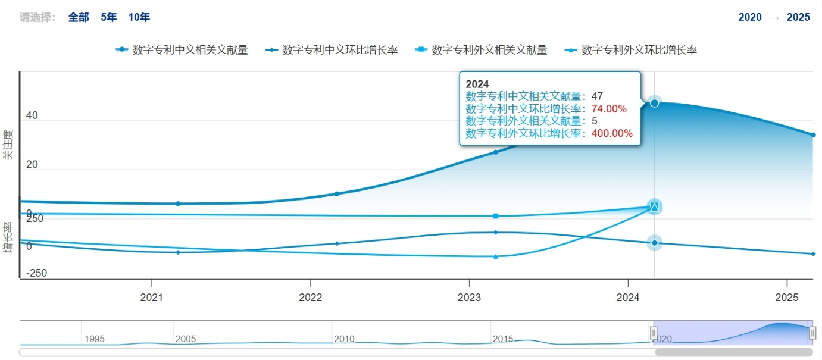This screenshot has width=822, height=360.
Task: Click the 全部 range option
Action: pyautogui.click(x=79, y=17)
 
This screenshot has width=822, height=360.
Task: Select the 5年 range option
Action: pyautogui.click(x=109, y=17)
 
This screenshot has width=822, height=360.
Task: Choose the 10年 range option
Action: pyautogui.click(x=139, y=17)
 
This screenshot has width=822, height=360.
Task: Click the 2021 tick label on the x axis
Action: pyautogui.click(x=152, y=297)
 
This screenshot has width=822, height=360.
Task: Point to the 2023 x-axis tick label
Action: pyautogui.click(x=470, y=297)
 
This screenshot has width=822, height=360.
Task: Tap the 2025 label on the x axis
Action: pyautogui.click(x=787, y=297)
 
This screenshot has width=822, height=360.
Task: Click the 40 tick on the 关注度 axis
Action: pyautogui.click(x=32, y=115)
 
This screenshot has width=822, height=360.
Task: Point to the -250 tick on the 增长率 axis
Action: pyautogui.click(x=36, y=273)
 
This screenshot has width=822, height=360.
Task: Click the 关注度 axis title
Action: pyautogui.click(x=8, y=144)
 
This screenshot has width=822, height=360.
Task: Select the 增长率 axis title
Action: pyautogui.click(x=8, y=237)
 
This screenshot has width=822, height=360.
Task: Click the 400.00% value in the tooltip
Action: pyautogui.click(x=612, y=133)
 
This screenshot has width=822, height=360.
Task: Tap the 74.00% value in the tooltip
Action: pyautogui.click(x=609, y=108)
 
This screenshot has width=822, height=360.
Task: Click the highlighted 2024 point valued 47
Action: pyautogui.click(x=654, y=103)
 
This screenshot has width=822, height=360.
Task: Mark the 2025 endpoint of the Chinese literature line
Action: pyautogui.click(x=813, y=135)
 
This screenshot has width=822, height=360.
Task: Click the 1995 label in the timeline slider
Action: pyautogui.click(x=95, y=339)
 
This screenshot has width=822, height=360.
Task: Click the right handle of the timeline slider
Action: pyautogui.click(x=812, y=333)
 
